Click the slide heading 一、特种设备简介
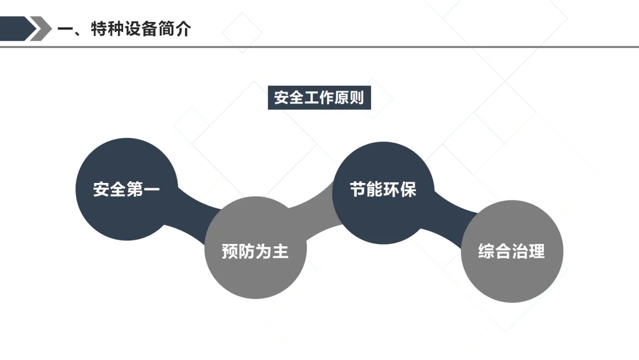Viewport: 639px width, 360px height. point(124,28)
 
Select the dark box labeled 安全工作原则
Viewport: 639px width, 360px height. point(319,98)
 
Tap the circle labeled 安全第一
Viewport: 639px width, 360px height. point(127,189)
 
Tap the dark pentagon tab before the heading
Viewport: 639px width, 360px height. point(15,28)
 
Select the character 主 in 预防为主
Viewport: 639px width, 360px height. point(280,251)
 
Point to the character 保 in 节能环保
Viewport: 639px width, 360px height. point(408,189)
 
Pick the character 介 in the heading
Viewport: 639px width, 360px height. point(183,28)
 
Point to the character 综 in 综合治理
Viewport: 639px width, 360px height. point(486,251)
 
